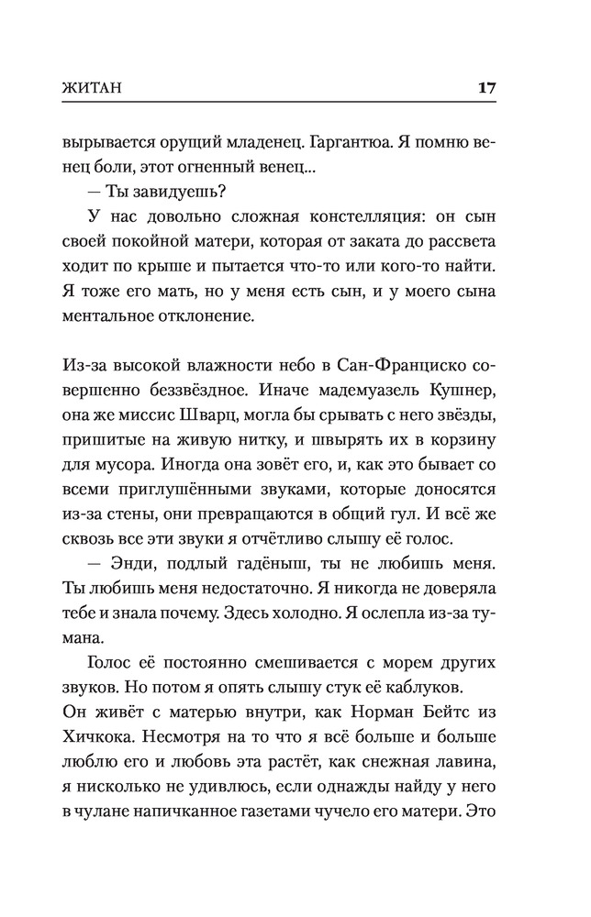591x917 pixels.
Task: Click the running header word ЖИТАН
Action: [92, 89]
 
